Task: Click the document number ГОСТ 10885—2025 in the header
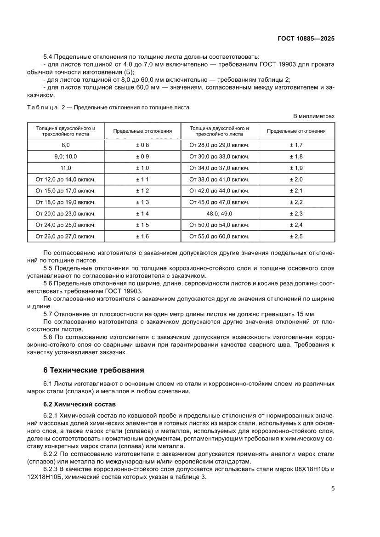tap(306, 39)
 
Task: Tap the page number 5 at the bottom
tap(333, 488)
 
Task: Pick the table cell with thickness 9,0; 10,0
tap(66, 157)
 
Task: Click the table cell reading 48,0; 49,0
tap(219, 214)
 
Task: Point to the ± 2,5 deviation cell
tap(296, 237)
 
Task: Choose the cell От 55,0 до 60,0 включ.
tap(219, 237)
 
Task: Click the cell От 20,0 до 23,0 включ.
tap(66, 214)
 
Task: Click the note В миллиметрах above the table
tap(314, 116)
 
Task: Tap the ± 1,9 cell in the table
tap(296, 168)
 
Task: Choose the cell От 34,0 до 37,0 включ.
tap(219, 168)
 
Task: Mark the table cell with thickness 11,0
tap(66, 168)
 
